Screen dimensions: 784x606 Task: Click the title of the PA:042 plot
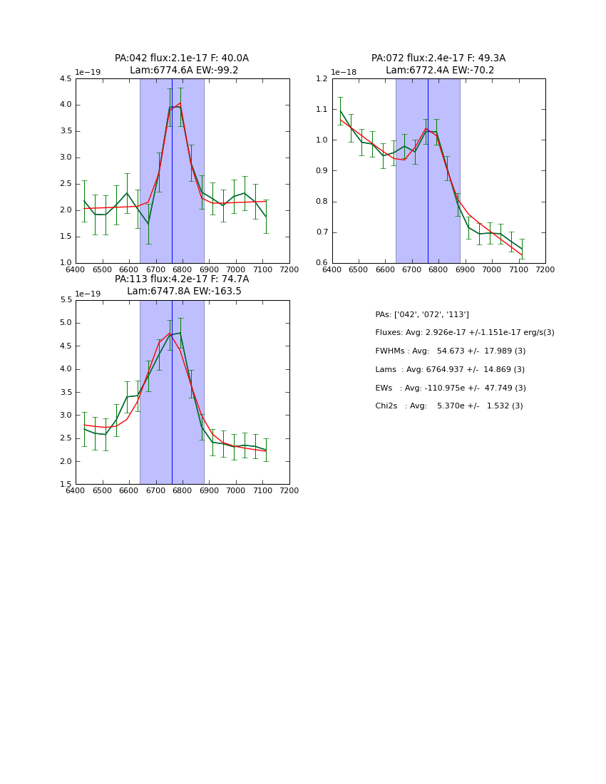(x=182, y=64)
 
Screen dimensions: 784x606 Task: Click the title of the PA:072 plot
(x=438, y=64)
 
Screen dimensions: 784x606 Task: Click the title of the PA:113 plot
(x=182, y=285)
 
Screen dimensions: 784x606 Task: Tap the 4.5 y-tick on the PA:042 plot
(x=65, y=79)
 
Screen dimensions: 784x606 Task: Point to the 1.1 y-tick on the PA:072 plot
(x=322, y=110)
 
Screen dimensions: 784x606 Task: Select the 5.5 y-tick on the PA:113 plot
(x=65, y=300)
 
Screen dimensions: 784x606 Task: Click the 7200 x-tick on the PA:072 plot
(x=545, y=269)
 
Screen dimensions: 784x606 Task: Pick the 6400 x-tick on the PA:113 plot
(x=76, y=490)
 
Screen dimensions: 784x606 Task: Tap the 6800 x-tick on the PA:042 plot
(x=183, y=269)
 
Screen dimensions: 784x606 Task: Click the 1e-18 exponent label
(x=344, y=73)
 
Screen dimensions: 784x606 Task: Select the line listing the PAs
(x=422, y=315)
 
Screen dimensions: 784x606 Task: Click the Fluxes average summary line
(x=465, y=333)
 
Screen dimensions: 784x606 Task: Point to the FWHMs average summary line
(x=451, y=351)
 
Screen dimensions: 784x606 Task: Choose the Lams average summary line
(x=450, y=370)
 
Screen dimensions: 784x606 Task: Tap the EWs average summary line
(x=451, y=388)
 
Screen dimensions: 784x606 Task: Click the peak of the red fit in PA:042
(x=180, y=103)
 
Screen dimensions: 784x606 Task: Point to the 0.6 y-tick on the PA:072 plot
(x=322, y=263)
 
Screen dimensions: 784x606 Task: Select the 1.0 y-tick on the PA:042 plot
(x=65, y=263)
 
